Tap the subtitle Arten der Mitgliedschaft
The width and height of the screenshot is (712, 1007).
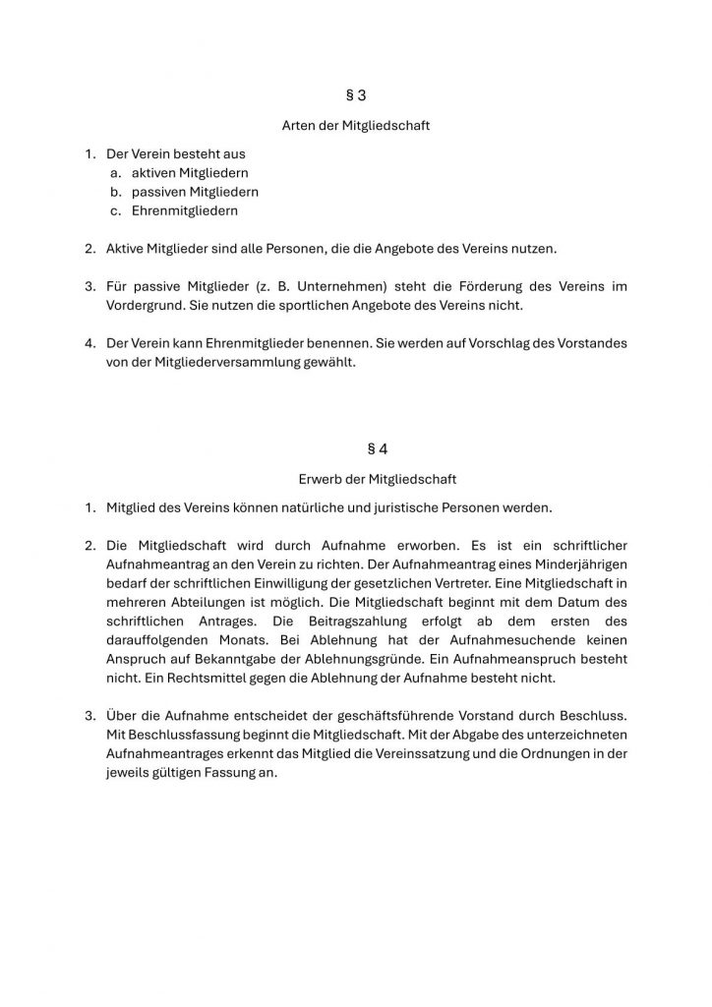[356, 126]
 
